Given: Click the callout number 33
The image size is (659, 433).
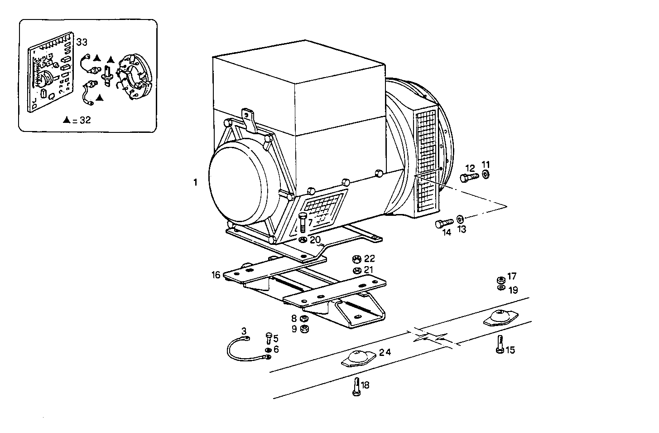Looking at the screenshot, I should (x=82, y=42).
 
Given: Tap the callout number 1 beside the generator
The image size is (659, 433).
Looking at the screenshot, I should (x=195, y=182).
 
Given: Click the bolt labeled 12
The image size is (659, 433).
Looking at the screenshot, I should (x=468, y=177).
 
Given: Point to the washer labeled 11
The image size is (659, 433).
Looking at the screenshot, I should (x=486, y=175).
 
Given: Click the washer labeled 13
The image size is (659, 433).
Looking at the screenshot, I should (x=460, y=219).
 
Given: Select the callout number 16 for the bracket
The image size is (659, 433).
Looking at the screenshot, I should (x=216, y=275).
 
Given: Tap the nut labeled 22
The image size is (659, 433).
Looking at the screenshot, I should (x=356, y=259).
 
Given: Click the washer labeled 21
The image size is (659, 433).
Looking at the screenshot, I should (x=356, y=271).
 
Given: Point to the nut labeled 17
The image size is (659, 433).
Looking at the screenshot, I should (x=501, y=279).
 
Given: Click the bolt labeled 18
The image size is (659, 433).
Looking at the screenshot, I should (x=356, y=387).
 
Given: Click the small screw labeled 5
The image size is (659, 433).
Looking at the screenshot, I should (x=269, y=337).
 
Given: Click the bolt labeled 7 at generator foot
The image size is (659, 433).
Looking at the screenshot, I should (x=303, y=223).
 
